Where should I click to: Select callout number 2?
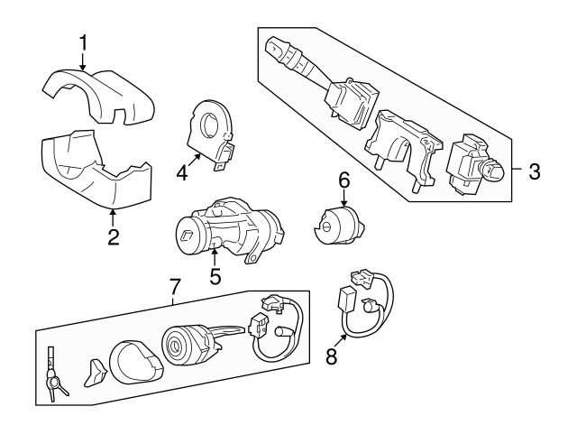click(114, 238)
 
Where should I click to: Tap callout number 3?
click(534, 171)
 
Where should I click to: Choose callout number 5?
click(215, 277)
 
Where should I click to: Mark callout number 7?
click(176, 287)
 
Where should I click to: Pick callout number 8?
click(332, 356)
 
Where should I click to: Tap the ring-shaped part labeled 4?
click(214, 131)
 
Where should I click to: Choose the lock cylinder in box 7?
click(185, 347)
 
